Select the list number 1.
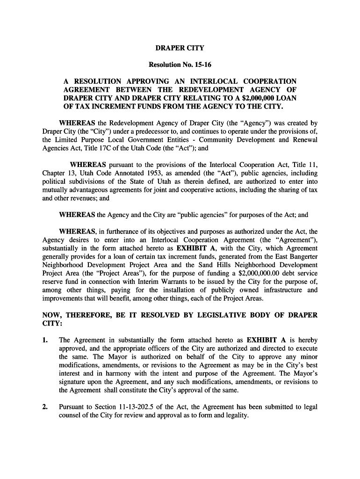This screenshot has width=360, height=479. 45,340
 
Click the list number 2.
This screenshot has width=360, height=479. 45,407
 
